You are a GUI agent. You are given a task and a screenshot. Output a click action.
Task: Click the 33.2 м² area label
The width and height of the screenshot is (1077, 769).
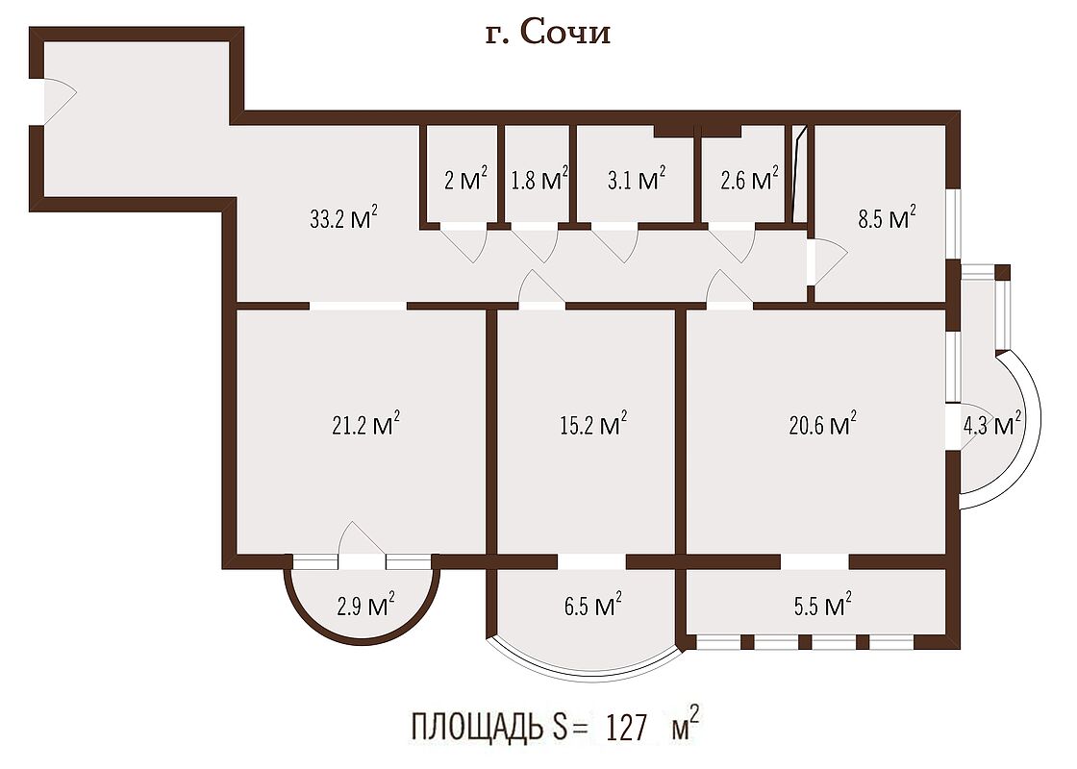(343, 218)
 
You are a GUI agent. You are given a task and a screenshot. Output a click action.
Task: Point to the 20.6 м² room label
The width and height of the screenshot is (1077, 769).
(823, 424)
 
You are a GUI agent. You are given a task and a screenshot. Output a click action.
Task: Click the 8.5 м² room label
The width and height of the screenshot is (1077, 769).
(887, 218)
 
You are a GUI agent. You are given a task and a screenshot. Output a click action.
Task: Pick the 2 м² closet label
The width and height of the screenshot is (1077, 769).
(465, 179)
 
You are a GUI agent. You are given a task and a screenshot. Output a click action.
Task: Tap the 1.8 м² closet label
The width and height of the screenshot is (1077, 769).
(539, 179)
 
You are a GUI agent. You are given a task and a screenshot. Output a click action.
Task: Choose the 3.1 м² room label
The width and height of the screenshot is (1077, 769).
(637, 179)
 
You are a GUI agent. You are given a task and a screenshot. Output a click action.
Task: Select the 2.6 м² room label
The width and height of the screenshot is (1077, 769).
(749, 179)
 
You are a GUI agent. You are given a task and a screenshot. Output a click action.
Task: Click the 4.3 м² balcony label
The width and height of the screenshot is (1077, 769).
(991, 424)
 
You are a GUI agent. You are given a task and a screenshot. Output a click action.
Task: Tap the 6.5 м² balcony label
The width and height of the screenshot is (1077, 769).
(593, 605)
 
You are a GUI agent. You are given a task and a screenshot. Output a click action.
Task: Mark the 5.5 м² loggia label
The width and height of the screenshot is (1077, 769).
(823, 605)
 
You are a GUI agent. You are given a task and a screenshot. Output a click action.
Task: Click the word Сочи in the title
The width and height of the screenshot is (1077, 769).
(565, 33)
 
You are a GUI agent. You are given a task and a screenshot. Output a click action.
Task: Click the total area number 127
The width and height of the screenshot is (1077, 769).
(626, 728)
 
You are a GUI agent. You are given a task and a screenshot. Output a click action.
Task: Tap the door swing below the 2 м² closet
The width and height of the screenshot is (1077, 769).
(464, 243)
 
